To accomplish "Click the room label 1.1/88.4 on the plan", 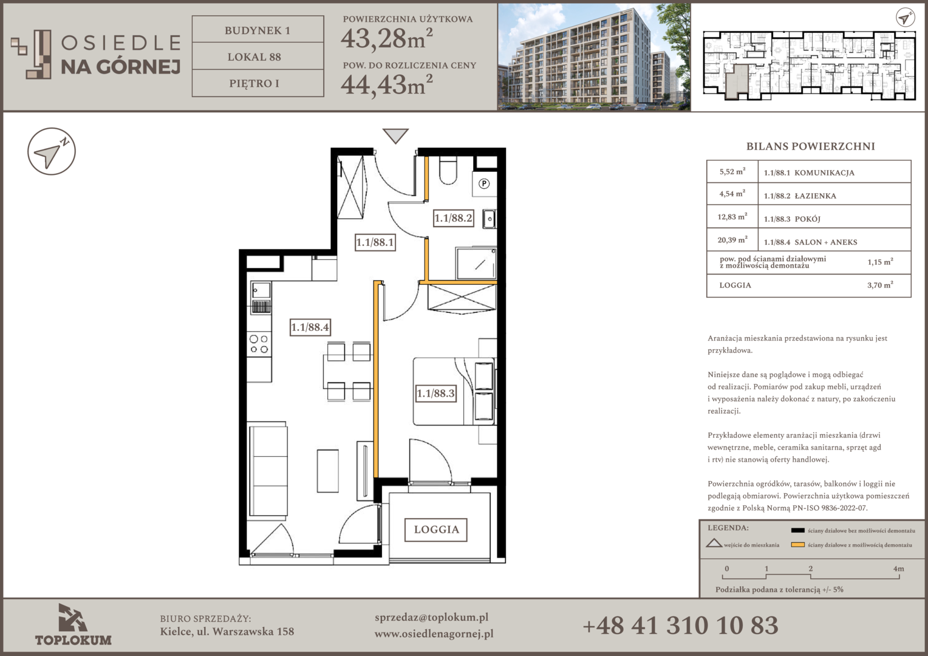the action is point(310,327).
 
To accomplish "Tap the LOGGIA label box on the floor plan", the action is point(436,530).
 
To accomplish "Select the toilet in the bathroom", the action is point(448,170).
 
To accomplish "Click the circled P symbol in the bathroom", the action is point(484,183).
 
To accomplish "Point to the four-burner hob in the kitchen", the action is point(259,344).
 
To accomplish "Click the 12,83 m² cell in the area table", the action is point(732,217).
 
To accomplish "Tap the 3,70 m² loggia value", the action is point(880,285).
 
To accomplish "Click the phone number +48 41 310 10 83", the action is point(680,626).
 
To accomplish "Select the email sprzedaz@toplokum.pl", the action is point(431,618).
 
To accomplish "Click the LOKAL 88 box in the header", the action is point(258,56).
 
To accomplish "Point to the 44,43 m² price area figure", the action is point(386,85).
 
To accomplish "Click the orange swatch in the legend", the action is point(797,545).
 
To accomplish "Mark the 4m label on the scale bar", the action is point(899,569).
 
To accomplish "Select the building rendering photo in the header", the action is point(594,57).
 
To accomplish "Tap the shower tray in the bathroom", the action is point(476,264).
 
